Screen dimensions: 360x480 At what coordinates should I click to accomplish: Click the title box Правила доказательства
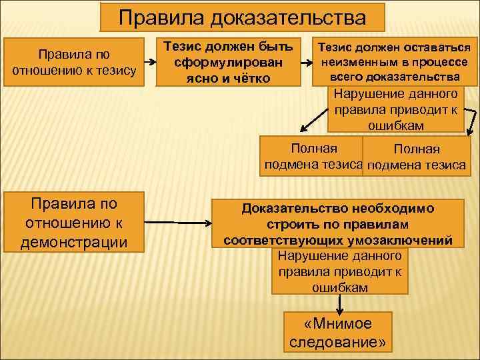(x=242, y=17)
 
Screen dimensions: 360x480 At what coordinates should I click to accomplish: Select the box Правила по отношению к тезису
(x=74, y=62)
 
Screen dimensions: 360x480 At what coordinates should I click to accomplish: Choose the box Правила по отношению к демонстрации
(x=74, y=222)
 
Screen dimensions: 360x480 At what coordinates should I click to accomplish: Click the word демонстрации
(x=74, y=241)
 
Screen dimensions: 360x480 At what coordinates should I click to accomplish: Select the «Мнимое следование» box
(x=339, y=333)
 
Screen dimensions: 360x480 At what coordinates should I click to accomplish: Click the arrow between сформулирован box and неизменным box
(x=307, y=62)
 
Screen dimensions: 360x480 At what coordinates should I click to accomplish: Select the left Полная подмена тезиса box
(x=313, y=156)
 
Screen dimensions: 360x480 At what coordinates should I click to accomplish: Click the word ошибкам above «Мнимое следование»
(x=339, y=287)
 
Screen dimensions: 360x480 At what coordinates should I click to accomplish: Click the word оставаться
(x=437, y=47)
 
